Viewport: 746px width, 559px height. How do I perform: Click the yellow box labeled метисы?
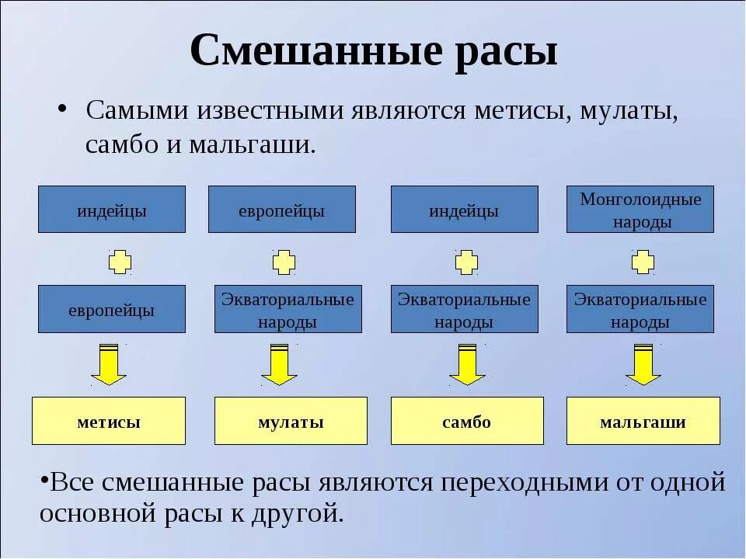pyautogui.click(x=109, y=421)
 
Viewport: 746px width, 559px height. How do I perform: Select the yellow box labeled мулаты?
pyautogui.click(x=291, y=421)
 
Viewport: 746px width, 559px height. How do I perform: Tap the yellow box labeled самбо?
pyautogui.click(x=467, y=421)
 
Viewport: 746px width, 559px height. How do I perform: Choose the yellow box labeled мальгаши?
pyautogui.click(x=643, y=421)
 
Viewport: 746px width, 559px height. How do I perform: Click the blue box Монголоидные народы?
pyautogui.click(x=640, y=210)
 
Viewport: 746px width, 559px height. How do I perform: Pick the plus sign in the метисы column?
pyautogui.click(x=120, y=262)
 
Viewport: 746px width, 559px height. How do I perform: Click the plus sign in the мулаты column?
pyautogui.click(x=284, y=262)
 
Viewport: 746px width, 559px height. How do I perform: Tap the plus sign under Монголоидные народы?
pyautogui.click(x=643, y=262)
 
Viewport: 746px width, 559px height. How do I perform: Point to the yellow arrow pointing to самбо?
pyautogui.click(x=467, y=364)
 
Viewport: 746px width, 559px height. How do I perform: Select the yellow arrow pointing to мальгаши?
pyautogui.click(x=643, y=364)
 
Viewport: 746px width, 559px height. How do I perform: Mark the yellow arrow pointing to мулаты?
pyautogui.click(x=278, y=364)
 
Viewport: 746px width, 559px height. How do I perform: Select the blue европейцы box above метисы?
pyautogui.click(x=112, y=309)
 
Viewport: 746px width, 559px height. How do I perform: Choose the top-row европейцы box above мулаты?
pyautogui.click(x=281, y=210)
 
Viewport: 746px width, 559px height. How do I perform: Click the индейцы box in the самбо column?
pyautogui.click(x=464, y=210)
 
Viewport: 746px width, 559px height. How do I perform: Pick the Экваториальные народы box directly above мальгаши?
pyautogui.click(x=640, y=309)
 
